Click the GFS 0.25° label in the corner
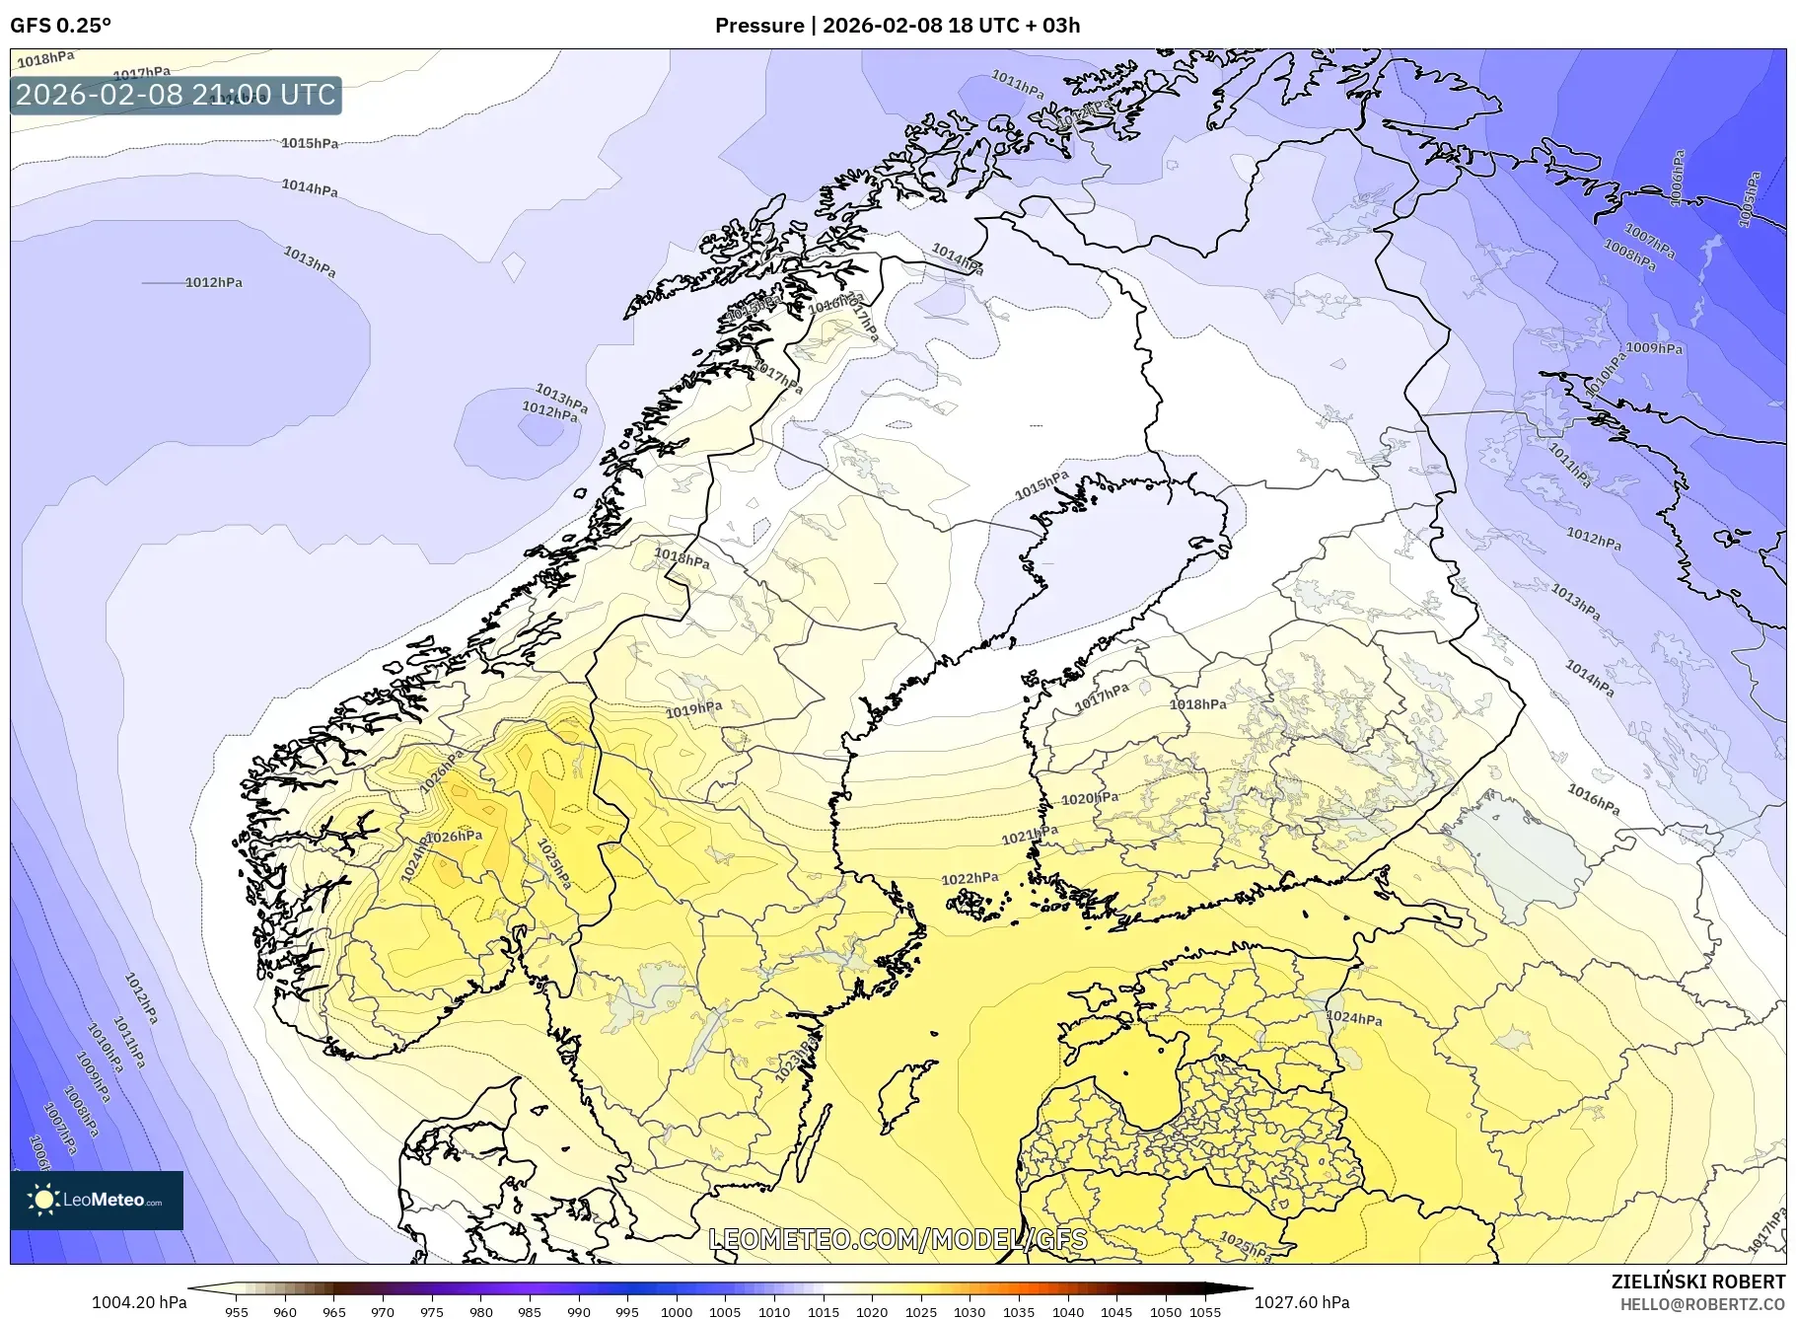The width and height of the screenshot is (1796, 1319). pyautogui.click(x=60, y=26)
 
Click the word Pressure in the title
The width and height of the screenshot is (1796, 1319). pyautogui.click(x=758, y=26)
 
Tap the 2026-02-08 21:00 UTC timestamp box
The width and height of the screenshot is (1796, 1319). pyautogui.click(x=176, y=95)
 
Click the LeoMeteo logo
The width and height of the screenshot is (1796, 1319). pyautogui.click(x=97, y=1200)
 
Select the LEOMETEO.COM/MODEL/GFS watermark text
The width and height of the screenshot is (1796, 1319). pyautogui.click(x=898, y=1239)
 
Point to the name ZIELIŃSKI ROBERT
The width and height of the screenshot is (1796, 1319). pyautogui.click(x=1697, y=1282)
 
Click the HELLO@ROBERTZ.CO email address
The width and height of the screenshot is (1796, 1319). pyautogui.click(x=1701, y=1304)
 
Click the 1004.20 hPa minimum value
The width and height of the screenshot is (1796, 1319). pyautogui.click(x=138, y=1302)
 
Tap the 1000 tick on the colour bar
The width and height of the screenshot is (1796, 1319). pyautogui.click(x=677, y=1312)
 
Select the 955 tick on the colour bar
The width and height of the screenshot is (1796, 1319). pyautogui.click(x=236, y=1312)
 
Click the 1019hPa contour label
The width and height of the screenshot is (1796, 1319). pyautogui.click(x=693, y=709)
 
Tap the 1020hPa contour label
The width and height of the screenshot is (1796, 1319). pyautogui.click(x=1089, y=798)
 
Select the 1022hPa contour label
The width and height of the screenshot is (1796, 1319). pyautogui.click(x=970, y=878)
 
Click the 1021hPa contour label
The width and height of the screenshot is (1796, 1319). pyautogui.click(x=1030, y=836)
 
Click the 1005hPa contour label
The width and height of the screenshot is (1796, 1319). pyautogui.click(x=1749, y=200)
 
